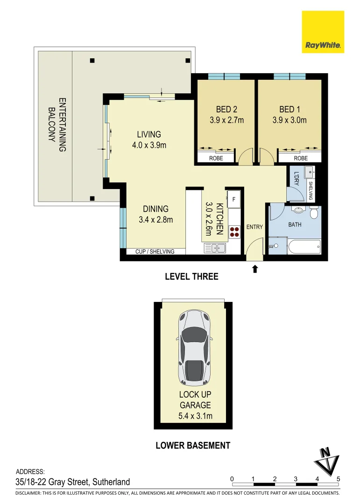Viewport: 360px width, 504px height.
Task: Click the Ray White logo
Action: [323, 32]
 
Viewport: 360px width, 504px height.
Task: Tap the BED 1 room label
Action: [289, 110]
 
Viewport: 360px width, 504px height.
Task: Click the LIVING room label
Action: [149, 134]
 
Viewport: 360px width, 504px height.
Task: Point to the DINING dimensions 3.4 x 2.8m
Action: [156, 219]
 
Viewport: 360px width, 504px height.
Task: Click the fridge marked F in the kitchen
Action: [234, 198]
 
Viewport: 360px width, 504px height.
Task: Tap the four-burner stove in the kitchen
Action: [234, 232]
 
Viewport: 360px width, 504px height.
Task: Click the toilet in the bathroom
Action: [313, 213]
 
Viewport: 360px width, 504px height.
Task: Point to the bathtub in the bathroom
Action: [304, 246]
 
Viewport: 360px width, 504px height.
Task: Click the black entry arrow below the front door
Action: [255, 269]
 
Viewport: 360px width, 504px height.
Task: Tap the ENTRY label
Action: [254, 227]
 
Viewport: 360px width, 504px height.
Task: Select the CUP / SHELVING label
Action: [155, 252]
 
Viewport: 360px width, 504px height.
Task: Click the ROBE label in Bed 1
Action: [301, 158]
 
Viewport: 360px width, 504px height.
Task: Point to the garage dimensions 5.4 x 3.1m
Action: [195, 416]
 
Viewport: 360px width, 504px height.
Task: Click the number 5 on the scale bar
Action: [338, 478]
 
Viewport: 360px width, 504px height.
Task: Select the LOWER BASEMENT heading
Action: [192, 445]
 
